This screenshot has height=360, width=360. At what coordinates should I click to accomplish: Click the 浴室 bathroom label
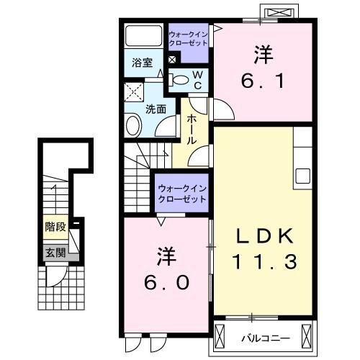[142, 63]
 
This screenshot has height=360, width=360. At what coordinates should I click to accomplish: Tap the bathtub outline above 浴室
[143, 37]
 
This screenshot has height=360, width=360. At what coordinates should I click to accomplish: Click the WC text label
[198, 79]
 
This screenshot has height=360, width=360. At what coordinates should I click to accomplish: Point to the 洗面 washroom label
[156, 109]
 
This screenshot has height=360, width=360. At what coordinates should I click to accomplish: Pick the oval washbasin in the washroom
[134, 127]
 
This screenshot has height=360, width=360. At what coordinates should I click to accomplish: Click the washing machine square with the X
[132, 91]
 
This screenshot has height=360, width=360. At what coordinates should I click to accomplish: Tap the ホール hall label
[192, 130]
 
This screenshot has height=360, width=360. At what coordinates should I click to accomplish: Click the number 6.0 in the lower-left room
[166, 282]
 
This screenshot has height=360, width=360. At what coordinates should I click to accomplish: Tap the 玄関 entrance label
[55, 252]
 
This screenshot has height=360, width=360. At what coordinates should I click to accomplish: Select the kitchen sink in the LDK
[301, 175]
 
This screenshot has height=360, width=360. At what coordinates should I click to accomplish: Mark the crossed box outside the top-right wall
[281, 14]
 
